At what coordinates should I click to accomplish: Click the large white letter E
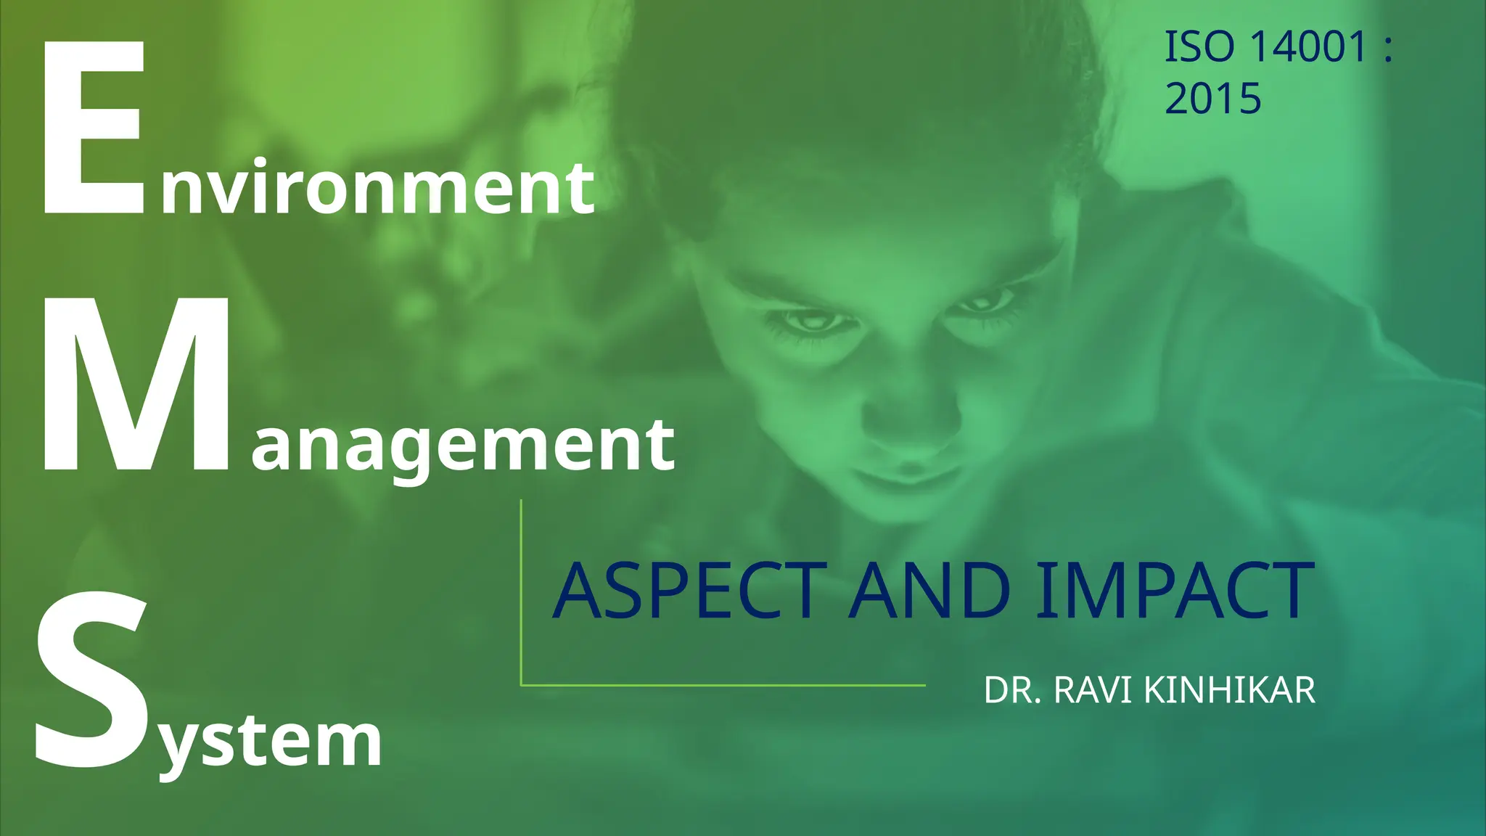(x=93, y=129)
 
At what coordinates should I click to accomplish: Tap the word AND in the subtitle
(x=930, y=591)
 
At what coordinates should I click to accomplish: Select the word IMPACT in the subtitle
(x=1175, y=591)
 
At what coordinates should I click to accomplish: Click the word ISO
(x=1199, y=47)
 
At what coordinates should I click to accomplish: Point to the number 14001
(x=1309, y=47)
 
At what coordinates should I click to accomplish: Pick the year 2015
(x=1213, y=99)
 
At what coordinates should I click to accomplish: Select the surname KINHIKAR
(x=1230, y=690)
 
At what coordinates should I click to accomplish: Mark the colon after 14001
(x=1387, y=49)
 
